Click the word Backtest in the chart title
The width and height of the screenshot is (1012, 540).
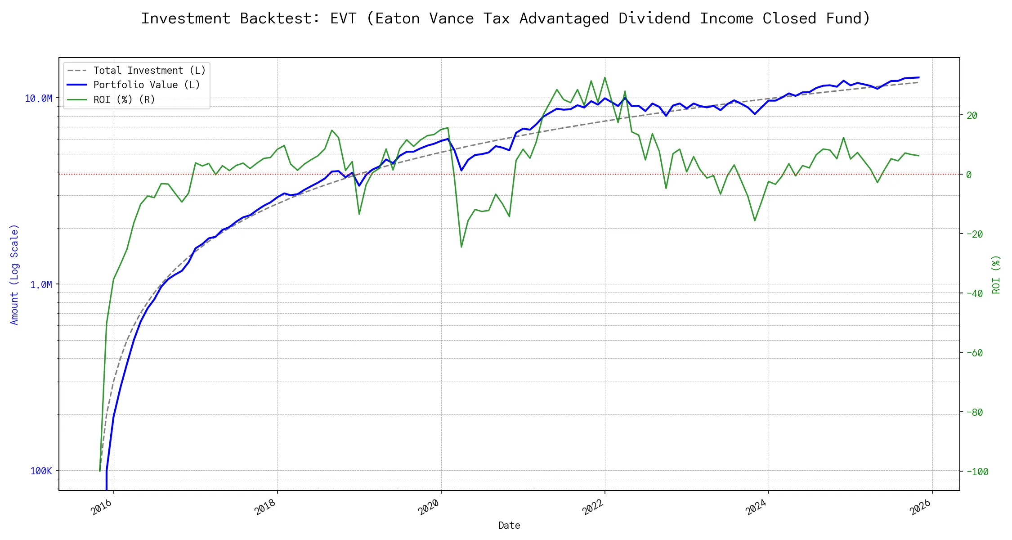[280, 19]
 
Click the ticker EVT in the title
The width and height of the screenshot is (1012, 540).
[343, 19]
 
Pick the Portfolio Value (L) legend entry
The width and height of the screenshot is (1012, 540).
[147, 85]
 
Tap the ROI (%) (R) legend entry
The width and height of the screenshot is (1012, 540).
[124, 100]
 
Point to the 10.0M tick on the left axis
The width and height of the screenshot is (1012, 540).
[38, 99]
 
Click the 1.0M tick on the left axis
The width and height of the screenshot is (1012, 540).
[41, 285]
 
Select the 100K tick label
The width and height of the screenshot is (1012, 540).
[41, 471]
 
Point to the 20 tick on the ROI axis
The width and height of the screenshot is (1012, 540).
[972, 116]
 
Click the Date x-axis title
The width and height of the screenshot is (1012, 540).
[509, 526]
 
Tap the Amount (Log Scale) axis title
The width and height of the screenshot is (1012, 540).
[14, 274]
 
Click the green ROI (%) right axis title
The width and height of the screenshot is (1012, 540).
[996, 274]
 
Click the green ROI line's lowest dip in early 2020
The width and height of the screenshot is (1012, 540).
[461, 247]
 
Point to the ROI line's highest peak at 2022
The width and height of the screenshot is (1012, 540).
[605, 77]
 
